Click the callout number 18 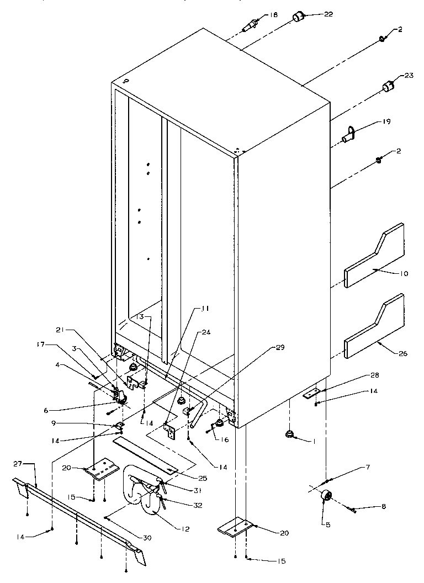[x=274, y=15]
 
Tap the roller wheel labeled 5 [x=326, y=497]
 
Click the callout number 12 [x=185, y=529]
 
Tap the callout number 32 [x=185, y=503]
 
